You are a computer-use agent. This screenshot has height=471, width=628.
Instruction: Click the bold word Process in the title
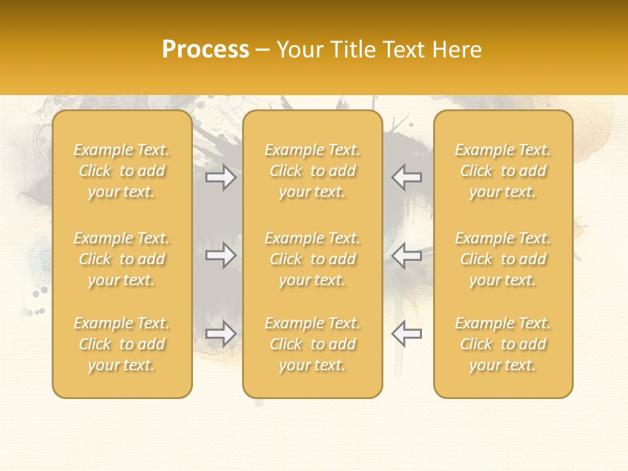[x=205, y=50]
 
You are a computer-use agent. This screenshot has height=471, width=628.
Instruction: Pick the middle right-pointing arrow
[x=221, y=256]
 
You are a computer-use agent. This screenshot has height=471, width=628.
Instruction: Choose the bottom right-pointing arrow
[x=221, y=334]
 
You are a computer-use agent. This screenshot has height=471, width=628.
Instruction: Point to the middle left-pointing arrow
[x=406, y=256]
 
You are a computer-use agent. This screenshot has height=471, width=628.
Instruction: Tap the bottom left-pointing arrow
[x=406, y=334]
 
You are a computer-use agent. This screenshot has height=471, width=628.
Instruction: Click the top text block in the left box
[x=122, y=171]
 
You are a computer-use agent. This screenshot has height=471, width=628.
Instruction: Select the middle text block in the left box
[x=122, y=259]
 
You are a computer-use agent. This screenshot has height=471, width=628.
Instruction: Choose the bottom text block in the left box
[x=122, y=344]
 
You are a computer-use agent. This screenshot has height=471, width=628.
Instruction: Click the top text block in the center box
[x=313, y=171]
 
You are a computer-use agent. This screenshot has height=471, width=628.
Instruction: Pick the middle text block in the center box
[x=313, y=259]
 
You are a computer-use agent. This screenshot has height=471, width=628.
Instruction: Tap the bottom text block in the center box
[x=313, y=344]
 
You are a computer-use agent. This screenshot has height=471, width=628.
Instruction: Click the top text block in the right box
[x=503, y=171]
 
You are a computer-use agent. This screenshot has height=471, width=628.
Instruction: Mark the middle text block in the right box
[x=503, y=259]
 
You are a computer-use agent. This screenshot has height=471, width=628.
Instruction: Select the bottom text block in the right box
[x=503, y=344]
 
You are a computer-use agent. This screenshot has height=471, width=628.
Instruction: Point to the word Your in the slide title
[x=300, y=50]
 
